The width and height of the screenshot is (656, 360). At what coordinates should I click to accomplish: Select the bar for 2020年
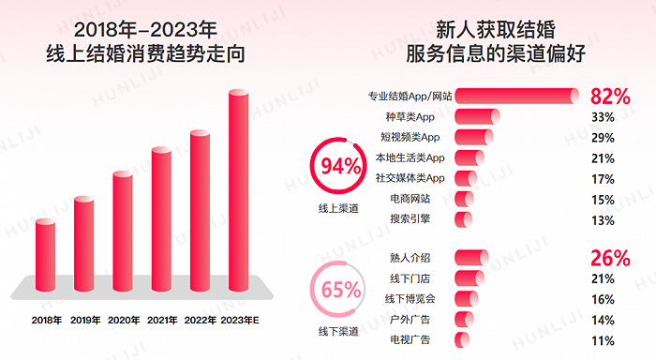123,226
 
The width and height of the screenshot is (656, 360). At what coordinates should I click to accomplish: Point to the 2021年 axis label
161,320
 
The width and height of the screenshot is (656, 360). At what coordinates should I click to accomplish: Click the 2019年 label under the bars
83,320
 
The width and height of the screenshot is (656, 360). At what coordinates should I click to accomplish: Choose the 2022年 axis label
200,320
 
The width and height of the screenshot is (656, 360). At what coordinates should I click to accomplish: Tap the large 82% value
609,96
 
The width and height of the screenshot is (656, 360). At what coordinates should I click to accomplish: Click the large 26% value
609,258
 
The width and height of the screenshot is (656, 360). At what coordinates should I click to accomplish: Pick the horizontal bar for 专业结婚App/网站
516,96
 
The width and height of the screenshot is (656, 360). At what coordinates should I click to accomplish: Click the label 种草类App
410,116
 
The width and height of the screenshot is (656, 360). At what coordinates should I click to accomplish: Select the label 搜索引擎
410,218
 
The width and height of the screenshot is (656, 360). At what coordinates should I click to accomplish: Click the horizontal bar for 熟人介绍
470,258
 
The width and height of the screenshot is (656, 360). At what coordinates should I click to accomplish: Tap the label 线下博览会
410,298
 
